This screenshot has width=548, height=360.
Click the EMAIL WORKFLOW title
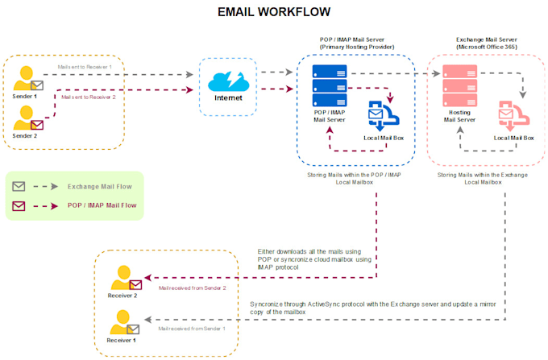(x=274, y=12)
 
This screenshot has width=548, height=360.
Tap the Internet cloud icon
(x=228, y=81)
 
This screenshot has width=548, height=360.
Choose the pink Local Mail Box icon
(x=513, y=118)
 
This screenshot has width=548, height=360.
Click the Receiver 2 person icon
(x=122, y=278)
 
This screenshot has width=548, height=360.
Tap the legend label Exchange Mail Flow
(x=101, y=186)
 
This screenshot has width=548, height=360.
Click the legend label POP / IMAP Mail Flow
(x=102, y=206)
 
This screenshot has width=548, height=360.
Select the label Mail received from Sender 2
(x=192, y=288)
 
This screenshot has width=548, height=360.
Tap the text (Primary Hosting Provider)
(x=355, y=47)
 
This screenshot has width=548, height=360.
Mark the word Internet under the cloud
(x=228, y=99)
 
